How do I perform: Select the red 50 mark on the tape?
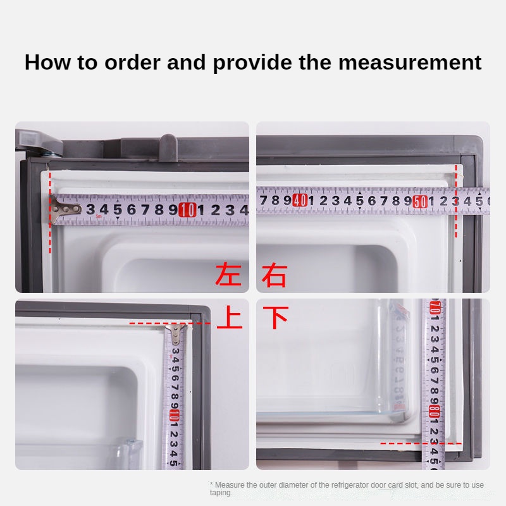[419, 202]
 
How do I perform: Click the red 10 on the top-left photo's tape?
[187, 210]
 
